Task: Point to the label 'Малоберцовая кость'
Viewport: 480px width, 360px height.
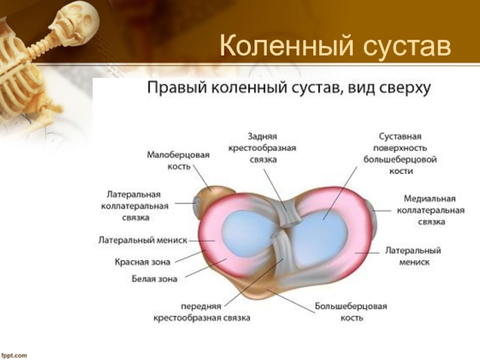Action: click(178, 160)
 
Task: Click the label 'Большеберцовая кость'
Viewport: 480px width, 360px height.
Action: click(352, 311)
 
